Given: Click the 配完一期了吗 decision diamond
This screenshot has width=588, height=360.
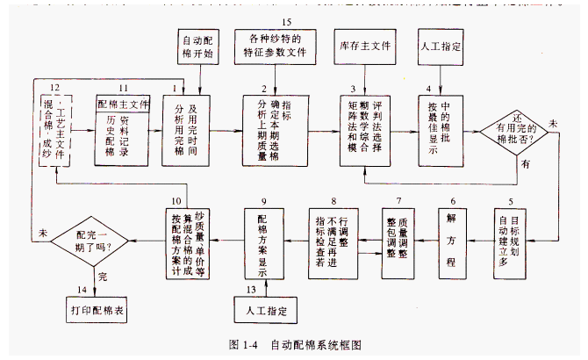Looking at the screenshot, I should (90, 238).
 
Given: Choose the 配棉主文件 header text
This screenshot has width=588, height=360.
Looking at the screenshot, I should (123, 103).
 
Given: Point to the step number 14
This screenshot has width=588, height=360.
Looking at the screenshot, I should (83, 289).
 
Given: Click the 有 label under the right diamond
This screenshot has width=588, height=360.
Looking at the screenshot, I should (525, 163).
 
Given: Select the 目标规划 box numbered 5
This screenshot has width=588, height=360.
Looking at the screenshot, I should (513, 242).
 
